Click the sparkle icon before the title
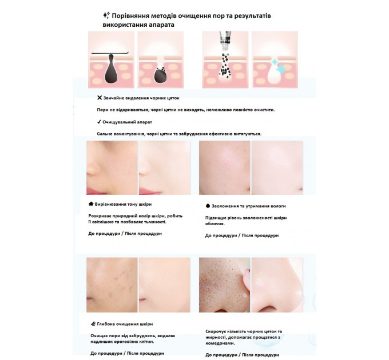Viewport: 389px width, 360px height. point(106,15)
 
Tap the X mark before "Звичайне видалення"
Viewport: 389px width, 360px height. point(100,98)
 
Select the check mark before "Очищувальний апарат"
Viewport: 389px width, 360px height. point(99,122)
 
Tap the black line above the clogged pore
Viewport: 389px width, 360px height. point(110,53)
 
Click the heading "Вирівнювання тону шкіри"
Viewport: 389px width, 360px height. point(123,204)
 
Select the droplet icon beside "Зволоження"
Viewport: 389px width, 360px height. point(208,206)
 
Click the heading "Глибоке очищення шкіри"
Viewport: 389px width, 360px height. point(125,324)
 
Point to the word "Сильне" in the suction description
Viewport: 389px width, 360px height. point(105,134)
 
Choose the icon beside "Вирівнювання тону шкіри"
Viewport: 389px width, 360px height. point(91,204)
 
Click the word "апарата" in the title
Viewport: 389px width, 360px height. point(162,25)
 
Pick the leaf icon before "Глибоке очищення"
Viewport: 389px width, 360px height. point(93,323)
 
